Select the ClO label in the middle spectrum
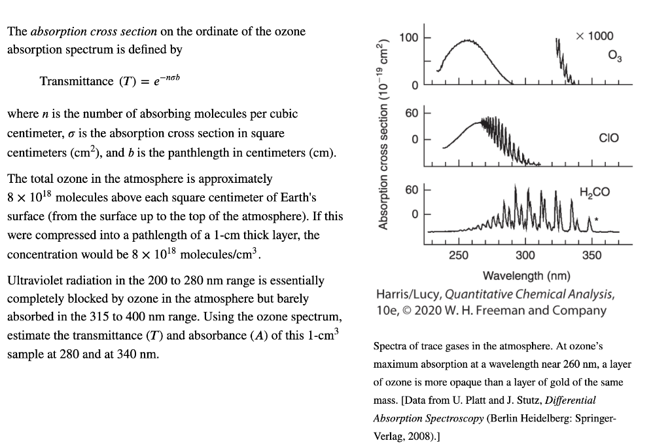coord(608,138)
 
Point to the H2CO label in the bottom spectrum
coord(594,191)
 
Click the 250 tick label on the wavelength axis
coord(459,256)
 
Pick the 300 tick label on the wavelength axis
coord(525,256)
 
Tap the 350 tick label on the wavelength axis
coord(591,256)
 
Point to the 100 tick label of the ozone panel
coord(409,37)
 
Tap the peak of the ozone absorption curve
coord(467,40)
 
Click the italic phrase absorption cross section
coord(94,31)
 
